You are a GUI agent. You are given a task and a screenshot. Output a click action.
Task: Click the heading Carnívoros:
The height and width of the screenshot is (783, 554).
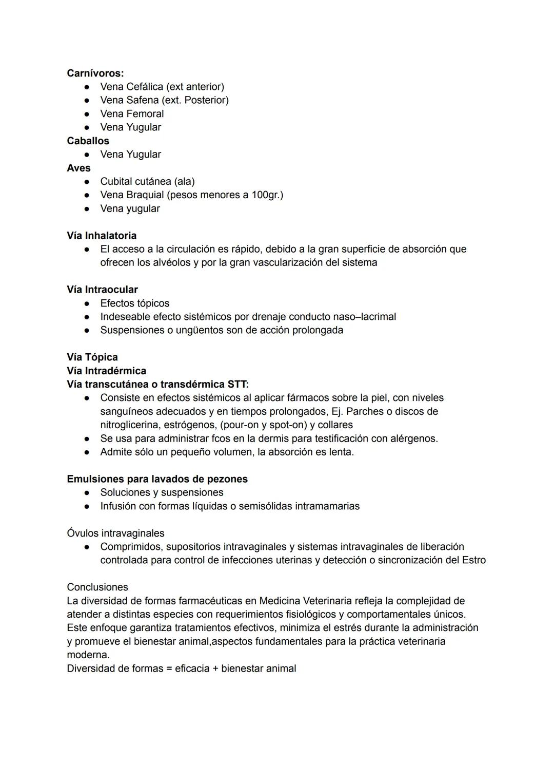pyautogui.click(x=95, y=73)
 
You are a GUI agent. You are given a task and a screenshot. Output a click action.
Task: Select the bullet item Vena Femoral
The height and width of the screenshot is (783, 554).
pyautogui.click(x=132, y=114)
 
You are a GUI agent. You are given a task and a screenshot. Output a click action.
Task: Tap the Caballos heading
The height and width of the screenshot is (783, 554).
pyautogui.click(x=88, y=141)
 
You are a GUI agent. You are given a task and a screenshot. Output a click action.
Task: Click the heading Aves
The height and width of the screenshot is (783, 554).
pyautogui.click(x=78, y=168)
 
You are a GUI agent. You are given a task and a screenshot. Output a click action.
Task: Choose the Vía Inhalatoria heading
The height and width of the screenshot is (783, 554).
pyautogui.click(x=102, y=236)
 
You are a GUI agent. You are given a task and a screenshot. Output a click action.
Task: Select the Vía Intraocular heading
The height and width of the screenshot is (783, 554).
pyautogui.click(x=102, y=290)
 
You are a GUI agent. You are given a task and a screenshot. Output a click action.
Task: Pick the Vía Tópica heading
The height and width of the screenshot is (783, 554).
pyautogui.click(x=92, y=357)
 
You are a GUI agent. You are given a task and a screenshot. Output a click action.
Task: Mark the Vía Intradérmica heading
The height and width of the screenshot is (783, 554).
pyautogui.click(x=106, y=371)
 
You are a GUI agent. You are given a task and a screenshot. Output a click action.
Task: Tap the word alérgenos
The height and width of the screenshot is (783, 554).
pyautogui.click(x=414, y=438)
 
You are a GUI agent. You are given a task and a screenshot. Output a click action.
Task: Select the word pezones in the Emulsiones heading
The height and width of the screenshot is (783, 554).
pyautogui.click(x=227, y=479)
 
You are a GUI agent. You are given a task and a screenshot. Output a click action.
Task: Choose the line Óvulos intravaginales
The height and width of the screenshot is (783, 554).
pyautogui.click(x=115, y=533)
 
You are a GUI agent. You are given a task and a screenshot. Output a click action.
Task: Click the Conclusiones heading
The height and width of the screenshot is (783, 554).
pyautogui.click(x=97, y=587)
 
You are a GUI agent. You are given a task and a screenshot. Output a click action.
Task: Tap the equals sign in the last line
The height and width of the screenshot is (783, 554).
pyautogui.click(x=169, y=669)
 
